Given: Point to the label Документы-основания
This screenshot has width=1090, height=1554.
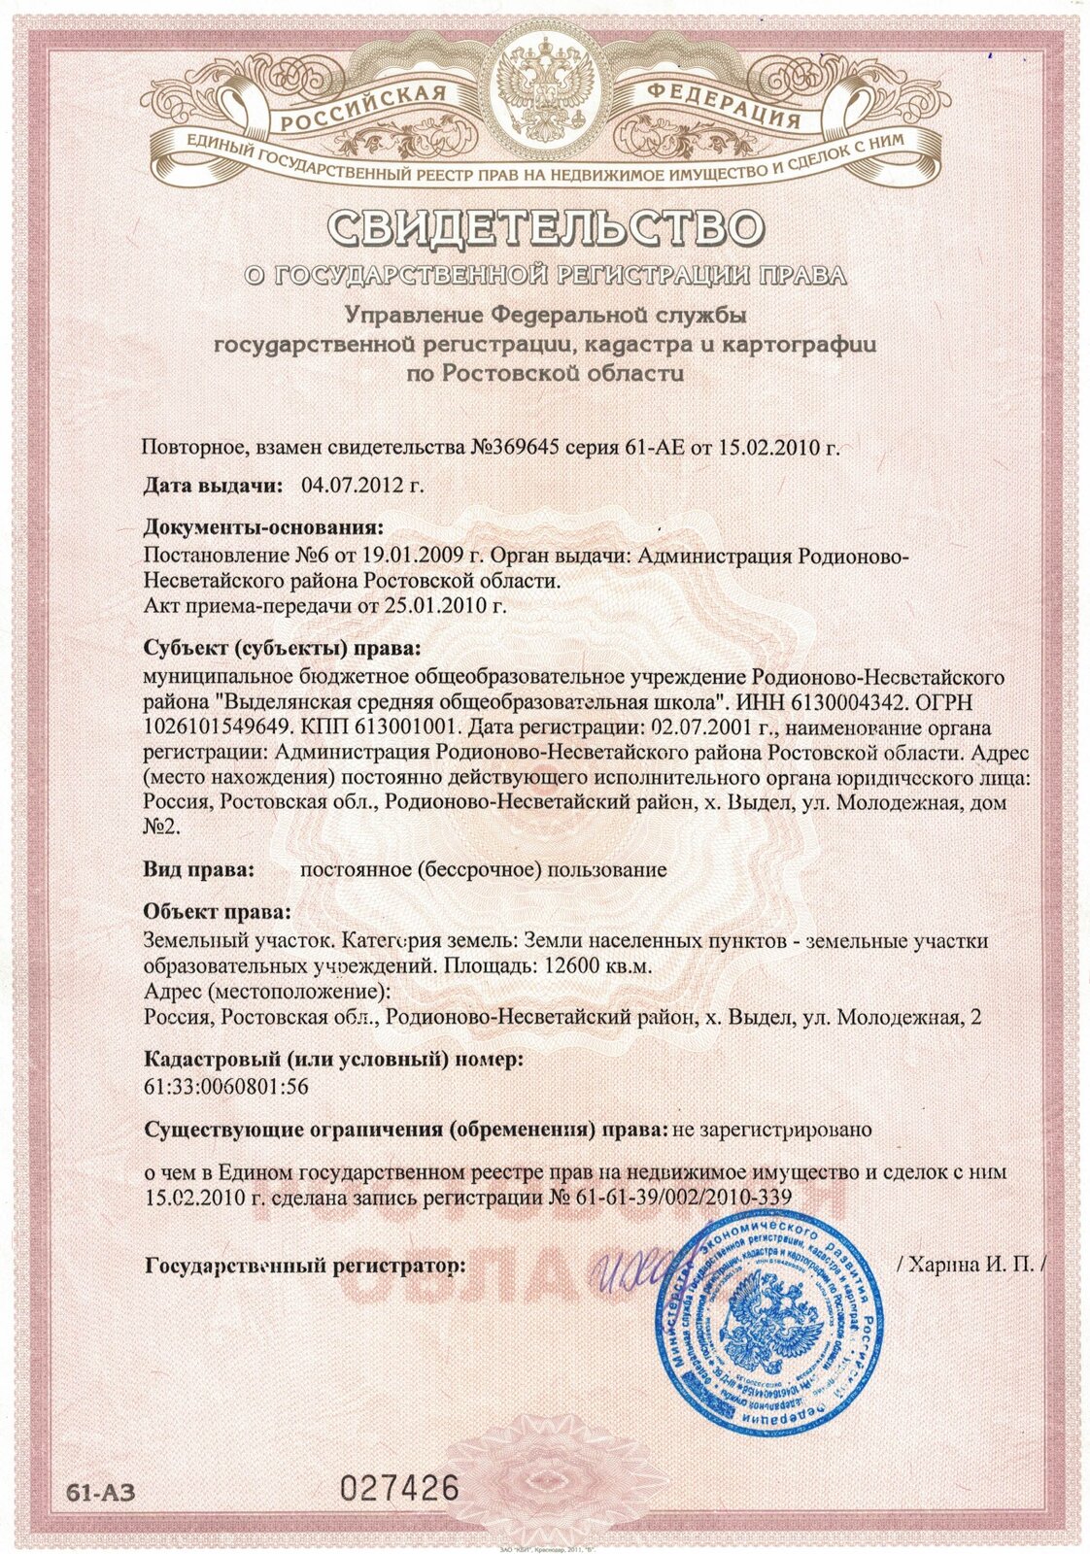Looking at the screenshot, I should (x=263, y=528).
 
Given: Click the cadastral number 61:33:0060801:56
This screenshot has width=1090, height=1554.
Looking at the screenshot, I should (x=225, y=1087).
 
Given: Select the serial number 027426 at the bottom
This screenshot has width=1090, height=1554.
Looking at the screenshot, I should (x=400, y=1488).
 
